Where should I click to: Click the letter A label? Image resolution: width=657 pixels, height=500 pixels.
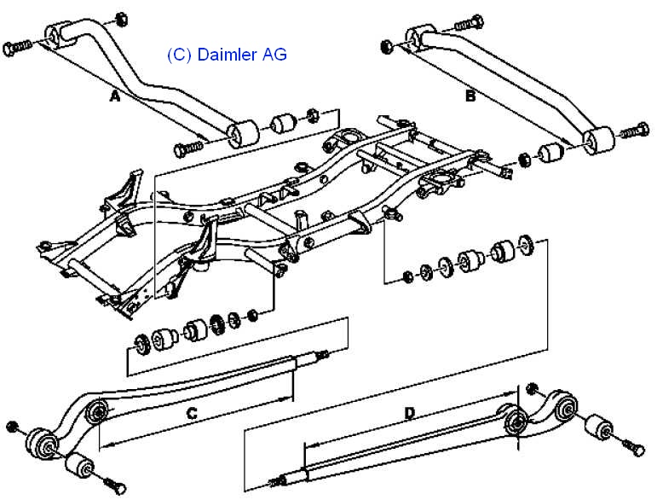tap(116, 97)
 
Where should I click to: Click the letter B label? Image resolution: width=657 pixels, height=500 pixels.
tap(470, 96)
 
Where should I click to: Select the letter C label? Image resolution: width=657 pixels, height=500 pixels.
tap(192, 414)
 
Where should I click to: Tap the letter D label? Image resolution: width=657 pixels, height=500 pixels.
tap(410, 414)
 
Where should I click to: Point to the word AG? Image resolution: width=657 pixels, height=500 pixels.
tap(274, 55)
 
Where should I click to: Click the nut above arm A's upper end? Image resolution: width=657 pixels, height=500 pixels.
tap(119, 18)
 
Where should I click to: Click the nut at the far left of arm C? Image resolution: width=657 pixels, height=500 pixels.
tap(12, 426)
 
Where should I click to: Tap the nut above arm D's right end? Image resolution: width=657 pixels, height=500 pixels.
tap(533, 387)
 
